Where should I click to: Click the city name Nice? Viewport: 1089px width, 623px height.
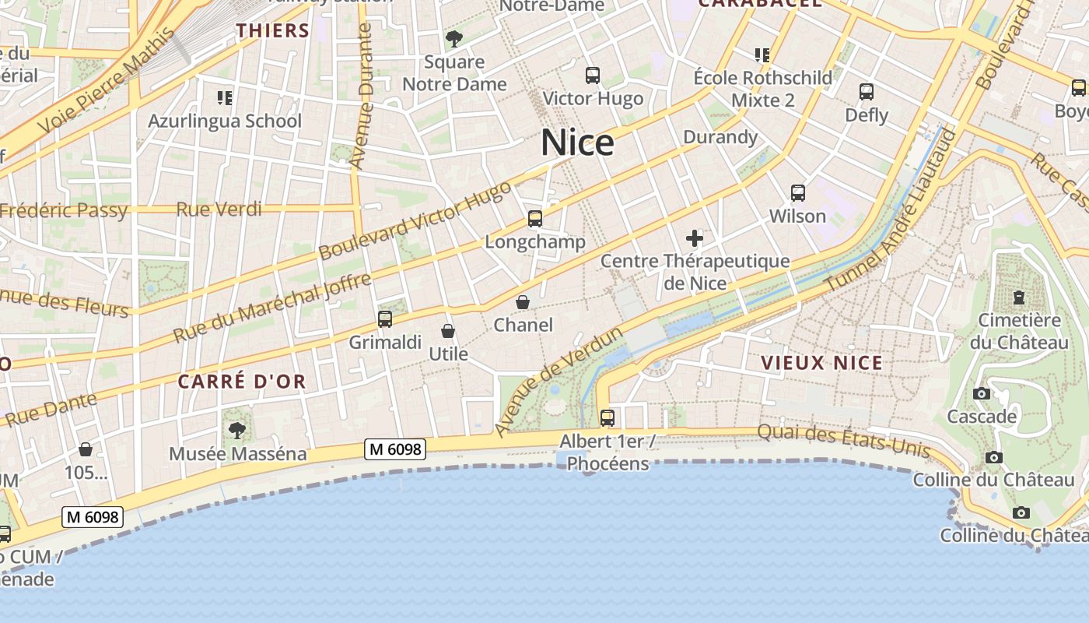577,143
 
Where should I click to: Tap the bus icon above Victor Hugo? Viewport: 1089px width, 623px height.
593,76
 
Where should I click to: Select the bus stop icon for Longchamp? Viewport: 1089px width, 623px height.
535,219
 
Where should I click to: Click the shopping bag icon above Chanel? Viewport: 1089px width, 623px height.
523,302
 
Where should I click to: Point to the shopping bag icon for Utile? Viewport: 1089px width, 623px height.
447,331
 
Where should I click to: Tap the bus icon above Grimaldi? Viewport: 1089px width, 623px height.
384,319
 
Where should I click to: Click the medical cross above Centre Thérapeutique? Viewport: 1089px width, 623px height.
695,238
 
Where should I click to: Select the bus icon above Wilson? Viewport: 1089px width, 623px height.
797,192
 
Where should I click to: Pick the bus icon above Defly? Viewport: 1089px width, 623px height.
867,92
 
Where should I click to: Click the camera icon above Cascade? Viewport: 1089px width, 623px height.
982,393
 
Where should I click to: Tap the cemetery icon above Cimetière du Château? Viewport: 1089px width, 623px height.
1019,297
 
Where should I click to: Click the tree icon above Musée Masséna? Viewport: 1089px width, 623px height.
237,430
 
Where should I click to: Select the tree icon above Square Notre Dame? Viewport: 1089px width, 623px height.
453,38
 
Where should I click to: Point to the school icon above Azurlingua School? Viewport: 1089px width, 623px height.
225,97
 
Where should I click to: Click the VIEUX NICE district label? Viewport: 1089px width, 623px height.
822,363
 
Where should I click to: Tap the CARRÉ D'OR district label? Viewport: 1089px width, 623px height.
242,382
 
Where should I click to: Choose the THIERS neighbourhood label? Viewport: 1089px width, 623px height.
273,30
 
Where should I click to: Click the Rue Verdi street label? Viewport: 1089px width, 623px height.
219,209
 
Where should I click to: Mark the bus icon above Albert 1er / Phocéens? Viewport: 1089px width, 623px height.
608,418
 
